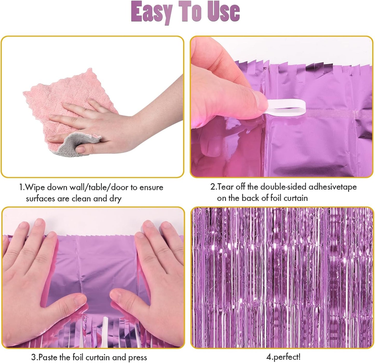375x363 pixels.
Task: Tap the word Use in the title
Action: (x=223, y=11)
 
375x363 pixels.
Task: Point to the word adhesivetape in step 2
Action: (x=332, y=187)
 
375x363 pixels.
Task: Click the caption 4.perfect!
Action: (x=283, y=357)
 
